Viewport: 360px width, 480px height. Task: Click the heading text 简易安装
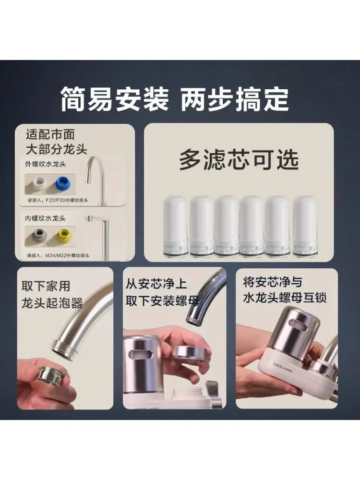pos(115,99)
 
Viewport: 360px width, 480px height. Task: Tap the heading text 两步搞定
pos(235,99)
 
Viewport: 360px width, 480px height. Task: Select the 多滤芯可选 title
pos(239,160)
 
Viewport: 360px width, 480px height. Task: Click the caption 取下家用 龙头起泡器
pos(52,295)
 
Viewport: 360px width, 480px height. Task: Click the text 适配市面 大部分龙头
pos(56,142)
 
